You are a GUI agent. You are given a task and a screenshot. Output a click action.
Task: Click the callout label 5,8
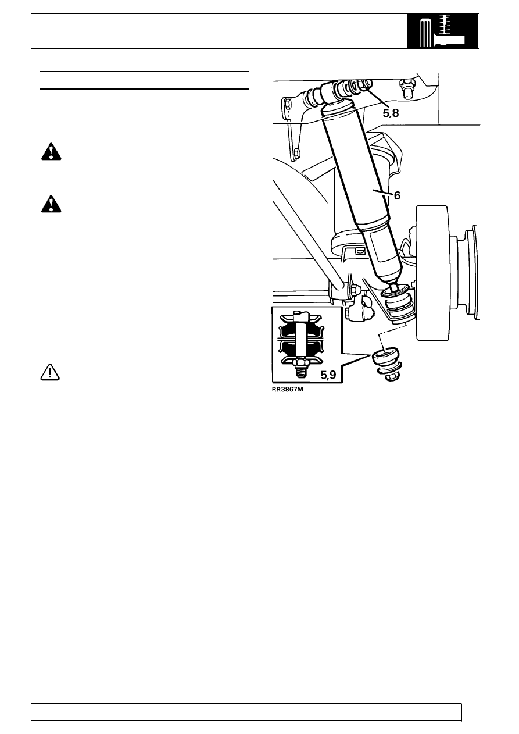(x=391, y=113)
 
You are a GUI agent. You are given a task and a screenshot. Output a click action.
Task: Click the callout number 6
(x=397, y=195)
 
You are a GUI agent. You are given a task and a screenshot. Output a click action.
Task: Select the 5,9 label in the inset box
(x=328, y=375)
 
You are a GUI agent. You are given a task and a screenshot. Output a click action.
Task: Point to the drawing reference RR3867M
(x=287, y=390)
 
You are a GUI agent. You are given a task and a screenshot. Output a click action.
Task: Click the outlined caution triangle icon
(x=50, y=372)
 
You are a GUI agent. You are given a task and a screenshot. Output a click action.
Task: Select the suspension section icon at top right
(x=443, y=31)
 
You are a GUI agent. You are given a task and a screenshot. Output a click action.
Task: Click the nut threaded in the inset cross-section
(x=300, y=362)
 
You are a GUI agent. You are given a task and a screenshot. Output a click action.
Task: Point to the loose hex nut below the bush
(x=391, y=377)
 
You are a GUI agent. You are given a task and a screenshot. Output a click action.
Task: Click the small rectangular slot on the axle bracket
(x=360, y=251)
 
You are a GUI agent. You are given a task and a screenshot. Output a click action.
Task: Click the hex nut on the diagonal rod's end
(x=356, y=290)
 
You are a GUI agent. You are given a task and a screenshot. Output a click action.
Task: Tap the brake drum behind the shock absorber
(x=432, y=273)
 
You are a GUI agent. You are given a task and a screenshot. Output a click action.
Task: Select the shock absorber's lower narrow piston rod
(x=393, y=284)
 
